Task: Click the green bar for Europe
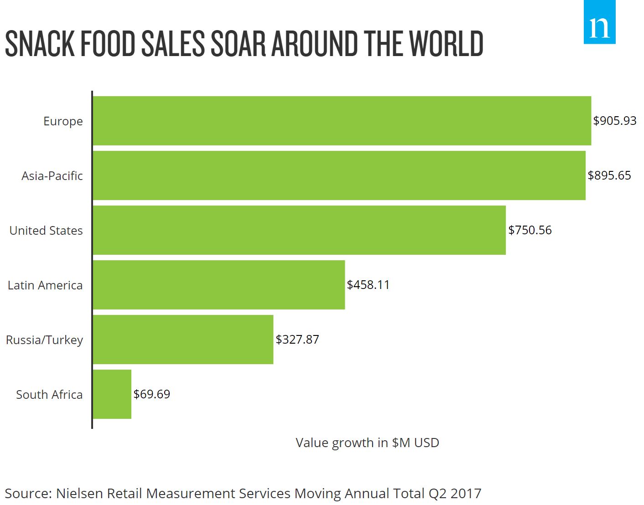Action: click(x=342, y=121)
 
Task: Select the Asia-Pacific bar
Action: click(x=339, y=175)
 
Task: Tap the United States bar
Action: click(x=299, y=230)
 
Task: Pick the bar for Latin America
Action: click(x=219, y=285)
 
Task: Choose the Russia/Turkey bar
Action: click(x=183, y=340)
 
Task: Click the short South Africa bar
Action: click(x=112, y=394)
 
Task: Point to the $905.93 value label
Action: click(x=615, y=121)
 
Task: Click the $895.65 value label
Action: click(x=609, y=175)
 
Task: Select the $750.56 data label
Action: click(x=530, y=230)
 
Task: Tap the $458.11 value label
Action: click(x=368, y=285)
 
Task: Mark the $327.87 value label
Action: click(x=297, y=340)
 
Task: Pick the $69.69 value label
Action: click(x=152, y=394)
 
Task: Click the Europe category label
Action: click(x=63, y=121)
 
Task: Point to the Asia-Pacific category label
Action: click(x=52, y=176)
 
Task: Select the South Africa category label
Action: click(x=49, y=395)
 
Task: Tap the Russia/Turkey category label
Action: click(x=44, y=340)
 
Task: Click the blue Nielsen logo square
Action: click(x=600, y=22)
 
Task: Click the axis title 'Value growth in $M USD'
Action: click(x=368, y=443)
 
